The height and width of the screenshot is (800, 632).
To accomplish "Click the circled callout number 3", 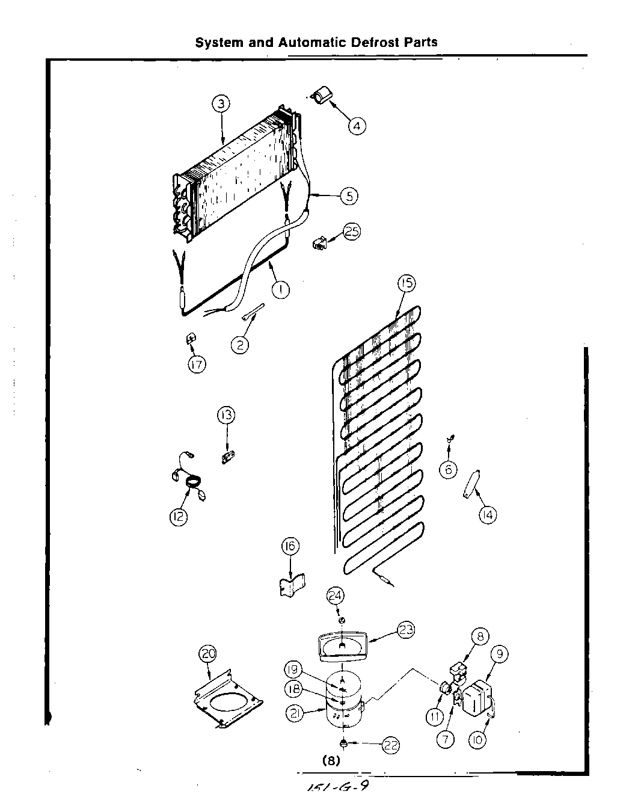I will click(x=221, y=104).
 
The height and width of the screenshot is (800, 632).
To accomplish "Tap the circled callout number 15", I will click(x=407, y=283).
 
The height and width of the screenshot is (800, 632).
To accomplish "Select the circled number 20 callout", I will click(x=208, y=654).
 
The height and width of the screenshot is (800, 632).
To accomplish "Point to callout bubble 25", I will click(x=352, y=232).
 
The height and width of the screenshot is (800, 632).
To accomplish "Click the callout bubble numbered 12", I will click(x=179, y=517).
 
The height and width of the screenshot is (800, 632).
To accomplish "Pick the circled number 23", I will click(x=406, y=630).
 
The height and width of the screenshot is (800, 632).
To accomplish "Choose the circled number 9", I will click(x=499, y=654).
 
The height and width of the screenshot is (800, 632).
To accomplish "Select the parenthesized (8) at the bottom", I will click(x=331, y=760).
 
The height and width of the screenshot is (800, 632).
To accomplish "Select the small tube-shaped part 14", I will click(x=469, y=484).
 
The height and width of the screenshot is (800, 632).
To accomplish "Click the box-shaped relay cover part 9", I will click(x=480, y=698).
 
